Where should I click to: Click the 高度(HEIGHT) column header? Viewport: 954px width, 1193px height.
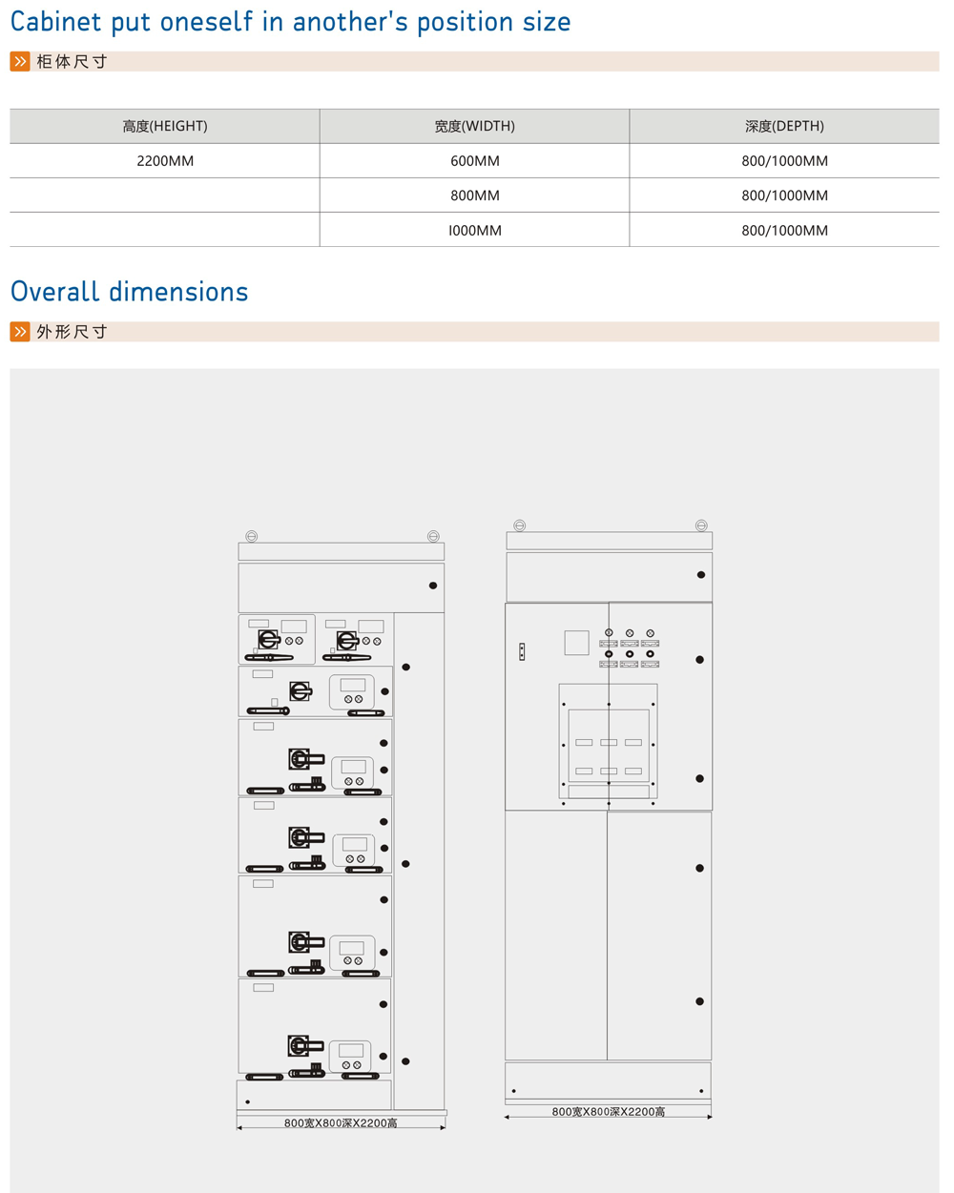pyautogui.click(x=165, y=126)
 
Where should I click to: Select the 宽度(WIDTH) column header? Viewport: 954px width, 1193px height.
pyautogui.click(x=474, y=126)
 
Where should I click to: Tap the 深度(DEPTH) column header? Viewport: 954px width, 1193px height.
pyautogui.click(x=784, y=126)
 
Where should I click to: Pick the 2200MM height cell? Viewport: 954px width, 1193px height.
pyautogui.click(x=165, y=161)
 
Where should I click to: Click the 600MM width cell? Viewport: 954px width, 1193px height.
pyautogui.click(x=474, y=161)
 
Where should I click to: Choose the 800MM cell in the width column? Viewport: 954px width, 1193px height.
pyautogui.click(x=474, y=195)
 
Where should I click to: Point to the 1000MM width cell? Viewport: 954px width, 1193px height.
pyautogui.click(x=474, y=231)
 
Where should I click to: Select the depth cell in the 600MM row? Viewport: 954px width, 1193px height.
pyautogui.click(x=784, y=161)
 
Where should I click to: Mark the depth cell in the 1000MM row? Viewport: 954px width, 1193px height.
pyautogui.click(x=784, y=231)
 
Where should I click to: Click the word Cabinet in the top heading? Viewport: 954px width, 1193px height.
pyautogui.click(x=55, y=22)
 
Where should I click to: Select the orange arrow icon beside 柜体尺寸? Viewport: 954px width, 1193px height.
pyautogui.click(x=20, y=62)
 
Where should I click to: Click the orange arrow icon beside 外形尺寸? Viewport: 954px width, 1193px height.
pyautogui.click(x=20, y=332)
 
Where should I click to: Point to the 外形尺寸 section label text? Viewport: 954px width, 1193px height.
pyautogui.click(x=72, y=332)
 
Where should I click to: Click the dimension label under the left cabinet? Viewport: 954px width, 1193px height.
pyautogui.click(x=341, y=1123)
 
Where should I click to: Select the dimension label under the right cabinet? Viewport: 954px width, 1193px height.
pyautogui.click(x=609, y=1112)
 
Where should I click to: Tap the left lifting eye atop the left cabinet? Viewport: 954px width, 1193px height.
pyautogui.click(x=252, y=537)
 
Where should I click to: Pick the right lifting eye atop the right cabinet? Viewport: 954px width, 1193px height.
pyautogui.click(x=701, y=525)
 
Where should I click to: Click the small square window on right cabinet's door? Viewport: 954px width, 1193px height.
pyautogui.click(x=576, y=643)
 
